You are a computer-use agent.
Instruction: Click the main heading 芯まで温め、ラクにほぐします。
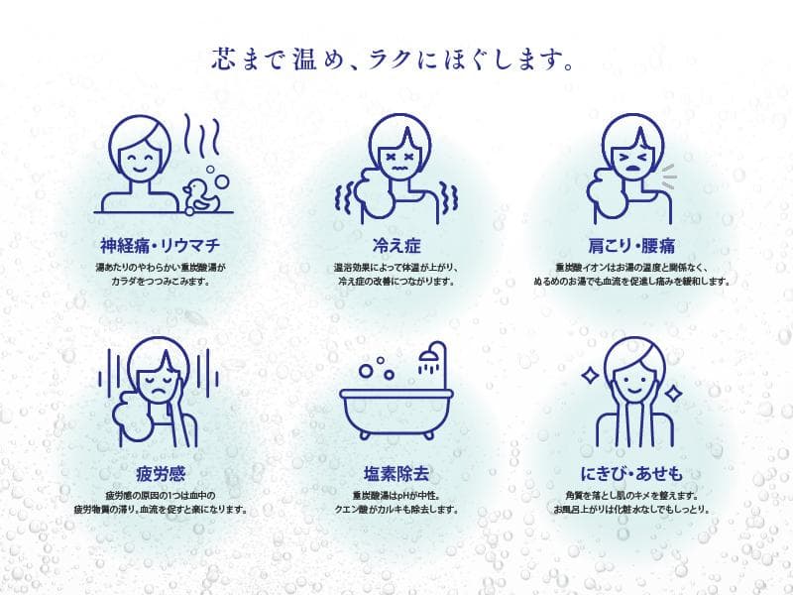(396, 59)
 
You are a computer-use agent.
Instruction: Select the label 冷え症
(396, 245)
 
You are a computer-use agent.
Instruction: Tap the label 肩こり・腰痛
(630, 245)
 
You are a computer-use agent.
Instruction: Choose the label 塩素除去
(396, 471)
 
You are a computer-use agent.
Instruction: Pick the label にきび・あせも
(630, 471)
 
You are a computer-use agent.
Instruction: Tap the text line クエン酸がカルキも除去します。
(396, 510)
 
